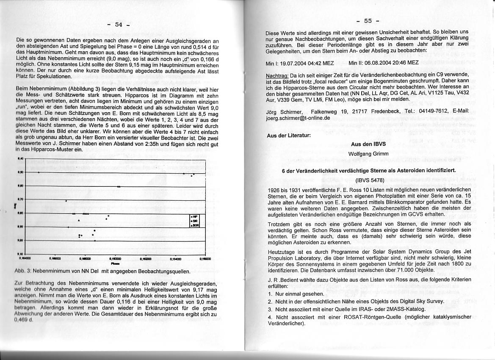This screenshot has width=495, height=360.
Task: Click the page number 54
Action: [x=119, y=25]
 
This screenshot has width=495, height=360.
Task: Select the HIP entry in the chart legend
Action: [x=195, y=216]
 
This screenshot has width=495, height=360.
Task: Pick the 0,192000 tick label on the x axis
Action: [x=146, y=258]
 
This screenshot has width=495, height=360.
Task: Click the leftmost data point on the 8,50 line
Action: [x=39, y=172]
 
